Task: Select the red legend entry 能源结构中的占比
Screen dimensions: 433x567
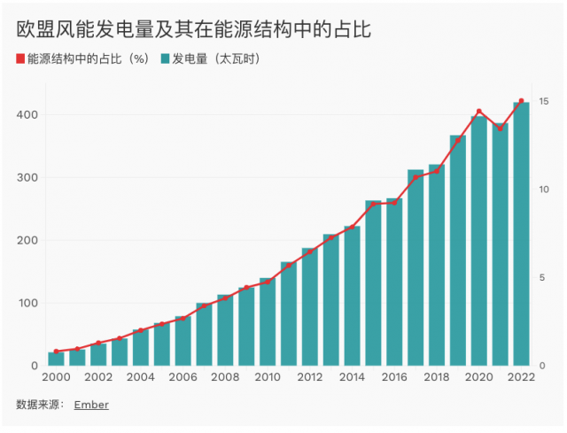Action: [x=85, y=59]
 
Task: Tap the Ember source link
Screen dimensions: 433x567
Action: [x=91, y=405]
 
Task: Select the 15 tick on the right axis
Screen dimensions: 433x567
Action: [x=543, y=102]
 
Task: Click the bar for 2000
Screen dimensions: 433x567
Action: [x=56, y=360]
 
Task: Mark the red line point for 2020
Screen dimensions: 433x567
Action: [x=479, y=112]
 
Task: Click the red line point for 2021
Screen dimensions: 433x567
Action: [x=501, y=128]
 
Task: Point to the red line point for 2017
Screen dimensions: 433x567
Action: [x=416, y=177]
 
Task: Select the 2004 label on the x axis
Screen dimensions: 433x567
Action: [x=140, y=377]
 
